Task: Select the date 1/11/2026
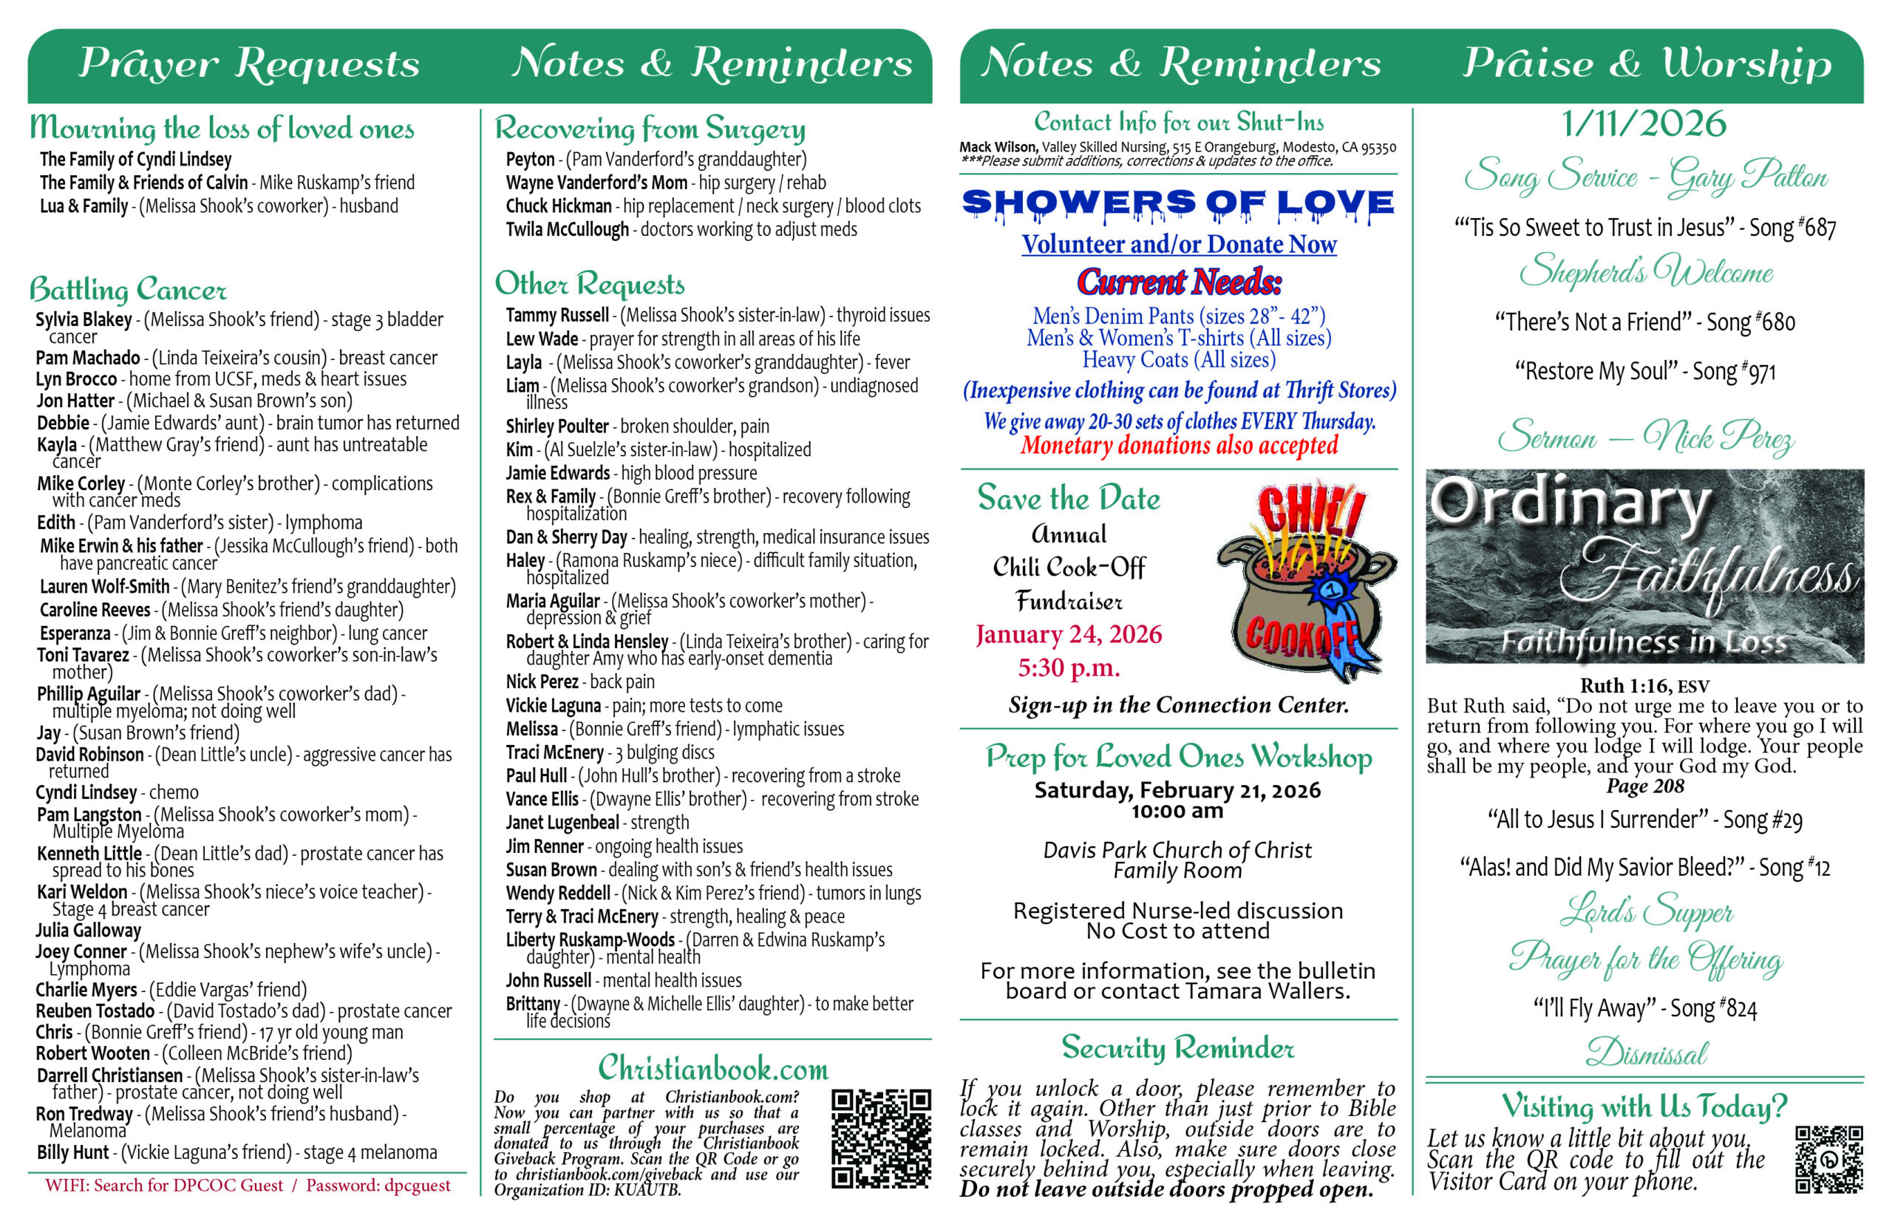point(1643,124)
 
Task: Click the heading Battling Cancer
point(128,289)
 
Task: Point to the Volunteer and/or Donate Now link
point(1178,244)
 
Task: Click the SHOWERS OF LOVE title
point(1177,203)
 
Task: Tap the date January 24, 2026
point(1068,634)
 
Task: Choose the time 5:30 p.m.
point(1068,667)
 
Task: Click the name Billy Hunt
point(72,1152)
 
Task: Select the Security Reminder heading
point(1177,1047)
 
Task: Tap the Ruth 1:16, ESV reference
point(1643,686)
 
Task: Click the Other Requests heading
point(589,284)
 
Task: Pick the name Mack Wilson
point(997,147)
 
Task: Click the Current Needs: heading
point(1178,282)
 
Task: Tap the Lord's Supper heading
point(1646,911)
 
